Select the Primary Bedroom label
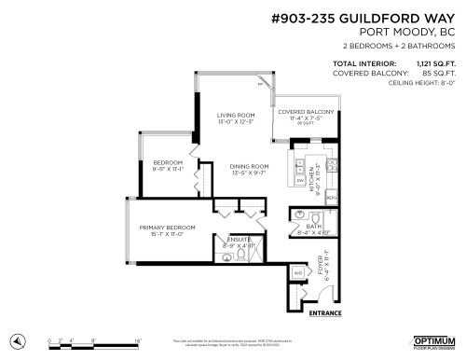pos(168,228)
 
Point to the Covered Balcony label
pos(300,112)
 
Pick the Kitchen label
pos(319,172)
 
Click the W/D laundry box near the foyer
pos(297,272)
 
